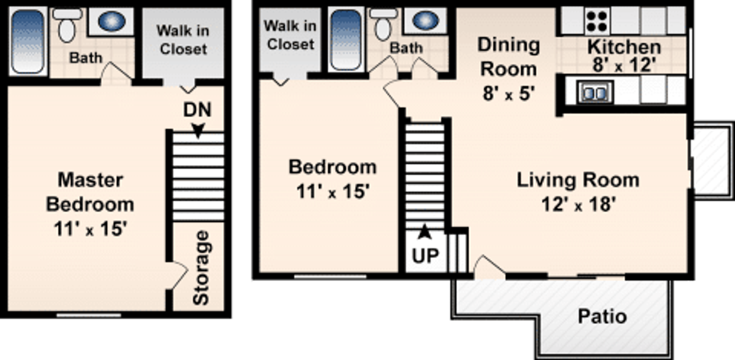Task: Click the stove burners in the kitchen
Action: [x=597, y=21]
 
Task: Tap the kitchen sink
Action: [x=595, y=92]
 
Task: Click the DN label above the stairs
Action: [x=197, y=110]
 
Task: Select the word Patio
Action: [x=602, y=316]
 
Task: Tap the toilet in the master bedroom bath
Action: [x=67, y=26]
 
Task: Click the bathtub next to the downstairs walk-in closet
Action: [x=346, y=40]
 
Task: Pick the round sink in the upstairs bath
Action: [x=111, y=21]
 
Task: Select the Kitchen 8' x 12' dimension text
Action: [x=624, y=65]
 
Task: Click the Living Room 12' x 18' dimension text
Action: [x=578, y=204]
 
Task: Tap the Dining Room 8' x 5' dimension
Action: [x=508, y=93]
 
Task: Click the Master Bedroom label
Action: [x=90, y=192]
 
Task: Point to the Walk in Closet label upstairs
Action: [x=183, y=40]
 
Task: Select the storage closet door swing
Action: [x=178, y=275]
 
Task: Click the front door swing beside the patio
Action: [x=488, y=266]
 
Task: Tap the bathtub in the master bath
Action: [x=27, y=41]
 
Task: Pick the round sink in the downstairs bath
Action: [x=426, y=20]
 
